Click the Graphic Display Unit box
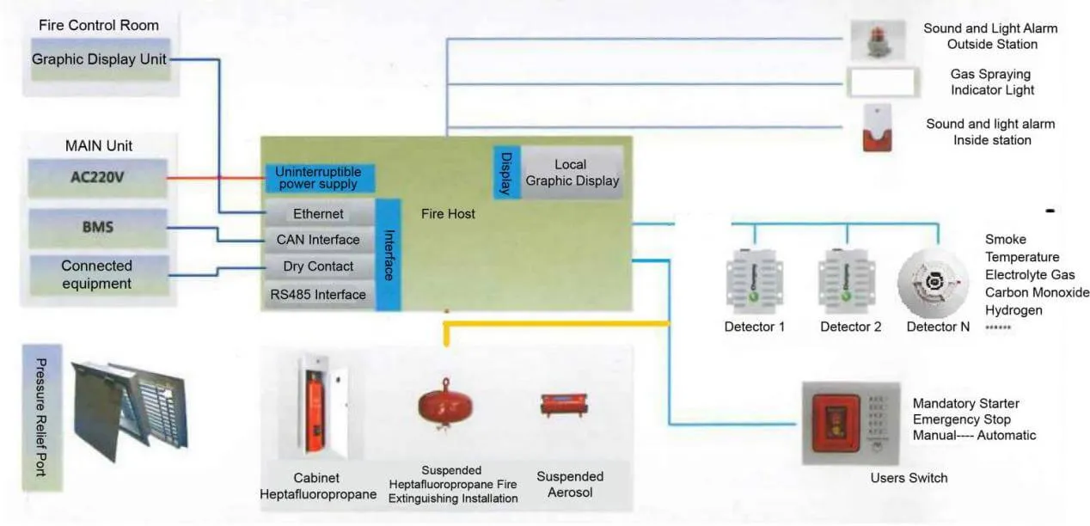(99, 60)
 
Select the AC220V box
(97, 179)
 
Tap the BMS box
(97, 228)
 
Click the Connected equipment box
(97, 275)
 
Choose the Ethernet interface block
(318, 213)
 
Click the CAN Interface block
(318, 240)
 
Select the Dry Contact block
(318, 266)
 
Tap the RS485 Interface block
(318, 295)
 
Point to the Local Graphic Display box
(572, 173)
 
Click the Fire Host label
(449, 213)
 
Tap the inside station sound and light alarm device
(878, 129)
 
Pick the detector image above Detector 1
(754, 280)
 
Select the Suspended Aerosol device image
(562, 404)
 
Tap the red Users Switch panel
(835, 421)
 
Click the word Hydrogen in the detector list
(1013, 310)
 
